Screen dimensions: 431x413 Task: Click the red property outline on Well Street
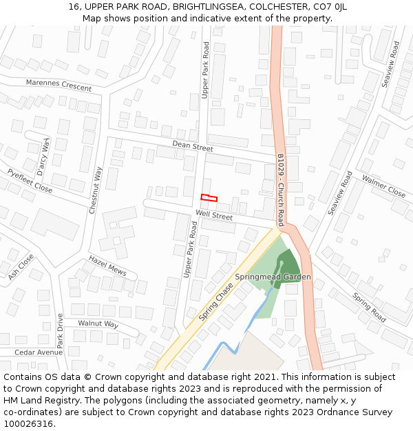[x=209, y=199]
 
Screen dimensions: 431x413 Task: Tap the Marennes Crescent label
[x=59, y=85]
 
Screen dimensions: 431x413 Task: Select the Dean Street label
[x=192, y=146]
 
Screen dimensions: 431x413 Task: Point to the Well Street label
[x=214, y=216]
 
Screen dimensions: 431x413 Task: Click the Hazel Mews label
[x=107, y=265]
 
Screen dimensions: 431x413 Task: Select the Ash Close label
[x=21, y=266]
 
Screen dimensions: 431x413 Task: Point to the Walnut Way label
[x=98, y=324]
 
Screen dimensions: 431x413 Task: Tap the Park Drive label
[x=60, y=331]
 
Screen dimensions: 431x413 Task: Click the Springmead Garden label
[x=273, y=277]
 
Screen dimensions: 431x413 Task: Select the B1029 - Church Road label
[x=280, y=190]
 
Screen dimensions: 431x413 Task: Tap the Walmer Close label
[x=383, y=186]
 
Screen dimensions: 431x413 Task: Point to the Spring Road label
[x=369, y=308]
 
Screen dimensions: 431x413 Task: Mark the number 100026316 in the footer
[x=28, y=424]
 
